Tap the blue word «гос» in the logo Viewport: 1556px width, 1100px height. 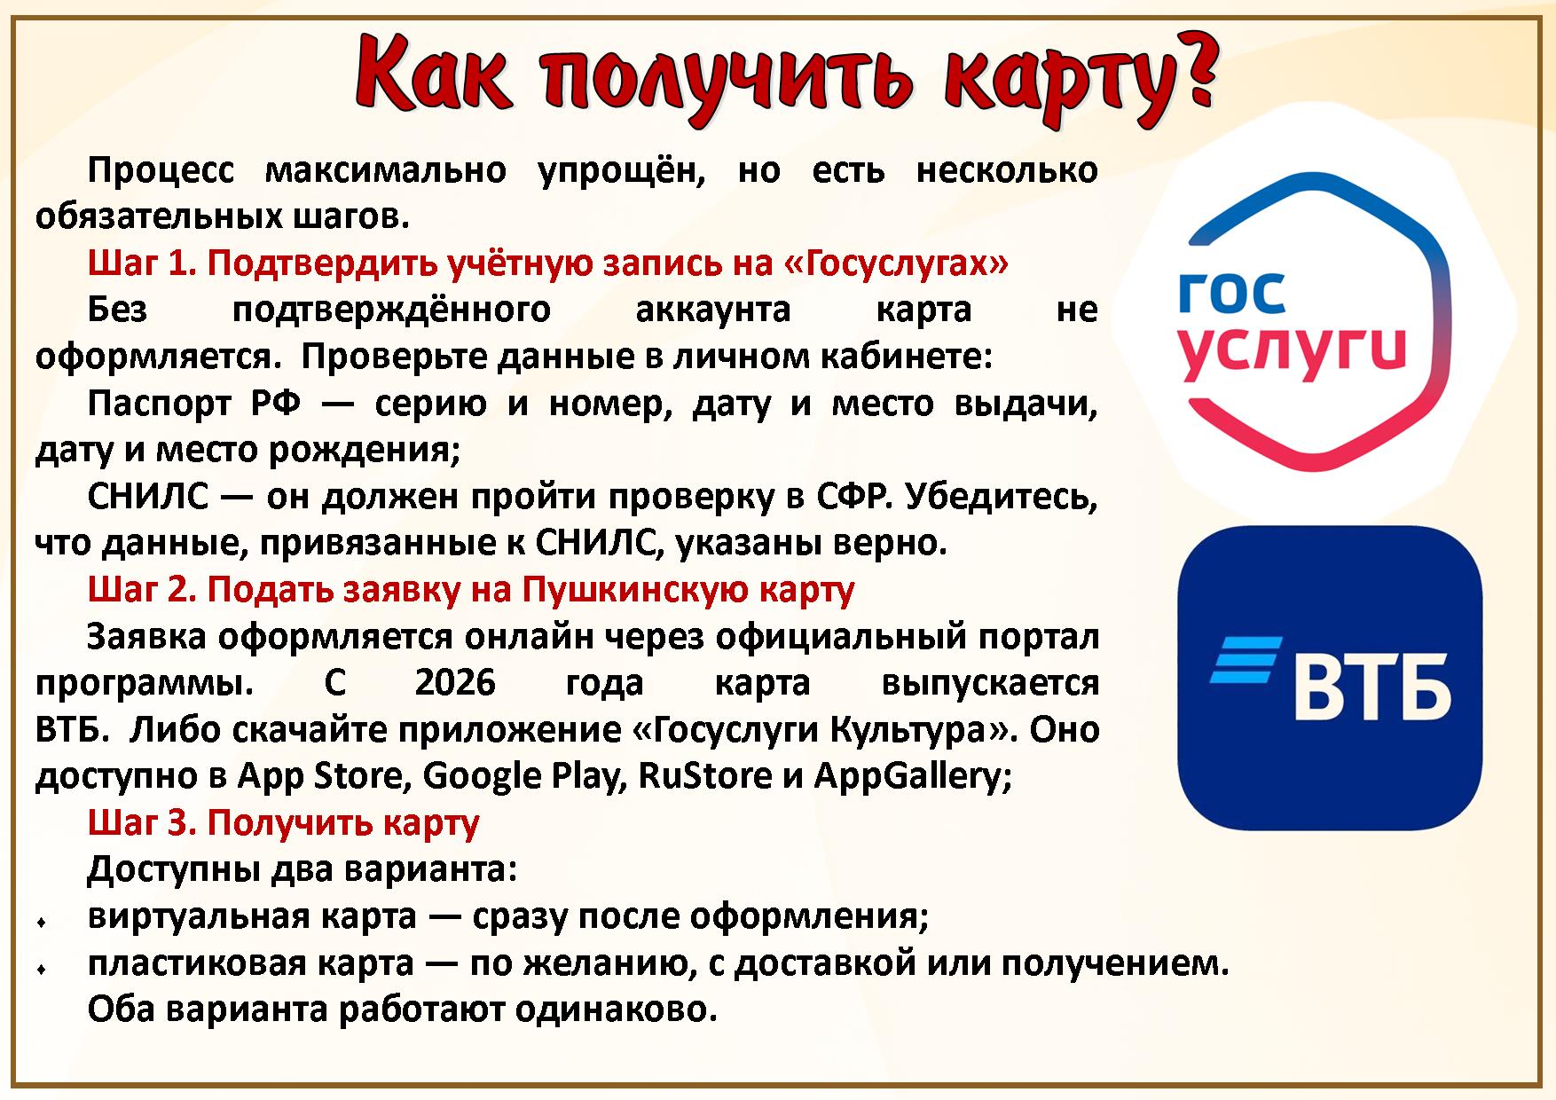click(1231, 294)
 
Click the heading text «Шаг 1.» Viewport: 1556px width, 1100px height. click(143, 263)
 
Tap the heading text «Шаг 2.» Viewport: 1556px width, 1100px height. click(143, 590)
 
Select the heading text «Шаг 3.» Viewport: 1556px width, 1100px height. click(143, 823)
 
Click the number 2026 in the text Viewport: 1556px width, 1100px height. click(455, 683)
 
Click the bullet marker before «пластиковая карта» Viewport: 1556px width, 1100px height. click(42, 970)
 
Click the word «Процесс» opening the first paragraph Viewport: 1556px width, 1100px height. click(161, 170)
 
